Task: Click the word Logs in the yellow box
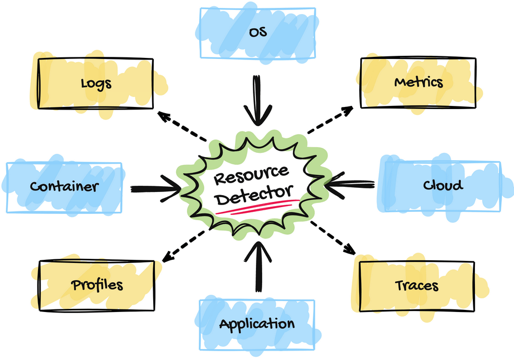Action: click(96, 83)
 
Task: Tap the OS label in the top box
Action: click(258, 32)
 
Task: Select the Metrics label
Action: click(419, 82)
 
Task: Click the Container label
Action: click(64, 186)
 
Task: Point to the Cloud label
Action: click(443, 185)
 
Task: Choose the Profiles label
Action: click(97, 285)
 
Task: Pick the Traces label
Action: click(417, 285)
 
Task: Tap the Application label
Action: click(257, 324)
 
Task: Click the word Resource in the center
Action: click(251, 175)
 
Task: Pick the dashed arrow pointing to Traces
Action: click(332, 235)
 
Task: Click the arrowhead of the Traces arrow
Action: click(350, 248)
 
